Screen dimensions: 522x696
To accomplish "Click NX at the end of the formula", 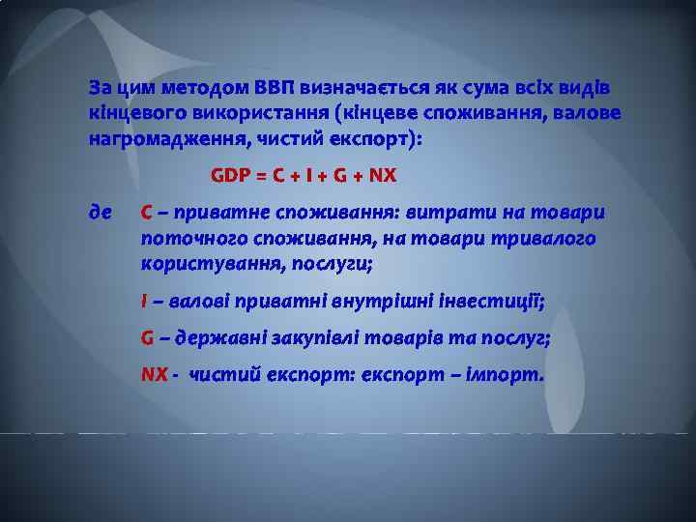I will click(383, 176).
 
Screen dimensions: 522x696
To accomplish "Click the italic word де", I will click(100, 212).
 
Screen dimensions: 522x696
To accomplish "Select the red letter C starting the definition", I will click(146, 212).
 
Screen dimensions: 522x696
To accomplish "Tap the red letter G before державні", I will click(147, 338).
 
